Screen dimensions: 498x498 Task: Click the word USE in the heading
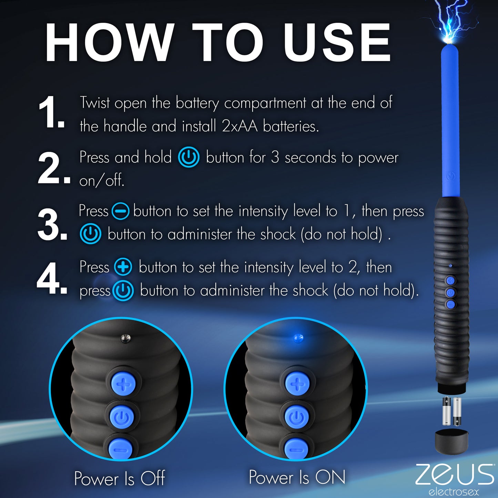(x=337, y=43)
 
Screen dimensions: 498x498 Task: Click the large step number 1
(x=51, y=113)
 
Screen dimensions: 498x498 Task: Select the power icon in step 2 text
(x=189, y=157)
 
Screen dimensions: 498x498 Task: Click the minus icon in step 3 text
(x=121, y=211)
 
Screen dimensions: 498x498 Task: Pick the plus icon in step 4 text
(x=123, y=267)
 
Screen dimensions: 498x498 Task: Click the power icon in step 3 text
(x=90, y=234)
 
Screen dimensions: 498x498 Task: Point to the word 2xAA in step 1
(x=240, y=126)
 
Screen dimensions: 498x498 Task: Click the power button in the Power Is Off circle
(x=122, y=417)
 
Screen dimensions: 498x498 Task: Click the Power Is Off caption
(x=120, y=478)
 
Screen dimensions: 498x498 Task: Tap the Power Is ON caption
(x=297, y=477)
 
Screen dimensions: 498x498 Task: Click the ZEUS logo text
(x=455, y=475)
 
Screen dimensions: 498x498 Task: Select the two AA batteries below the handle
(x=451, y=411)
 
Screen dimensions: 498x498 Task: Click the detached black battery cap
(x=451, y=441)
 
